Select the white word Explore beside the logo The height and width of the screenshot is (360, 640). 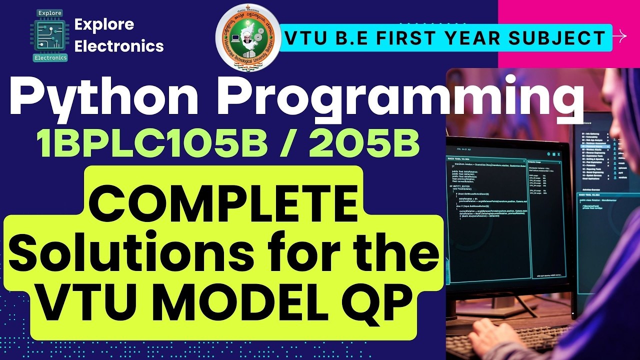tap(104, 24)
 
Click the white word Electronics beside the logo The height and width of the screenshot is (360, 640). tap(118, 46)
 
